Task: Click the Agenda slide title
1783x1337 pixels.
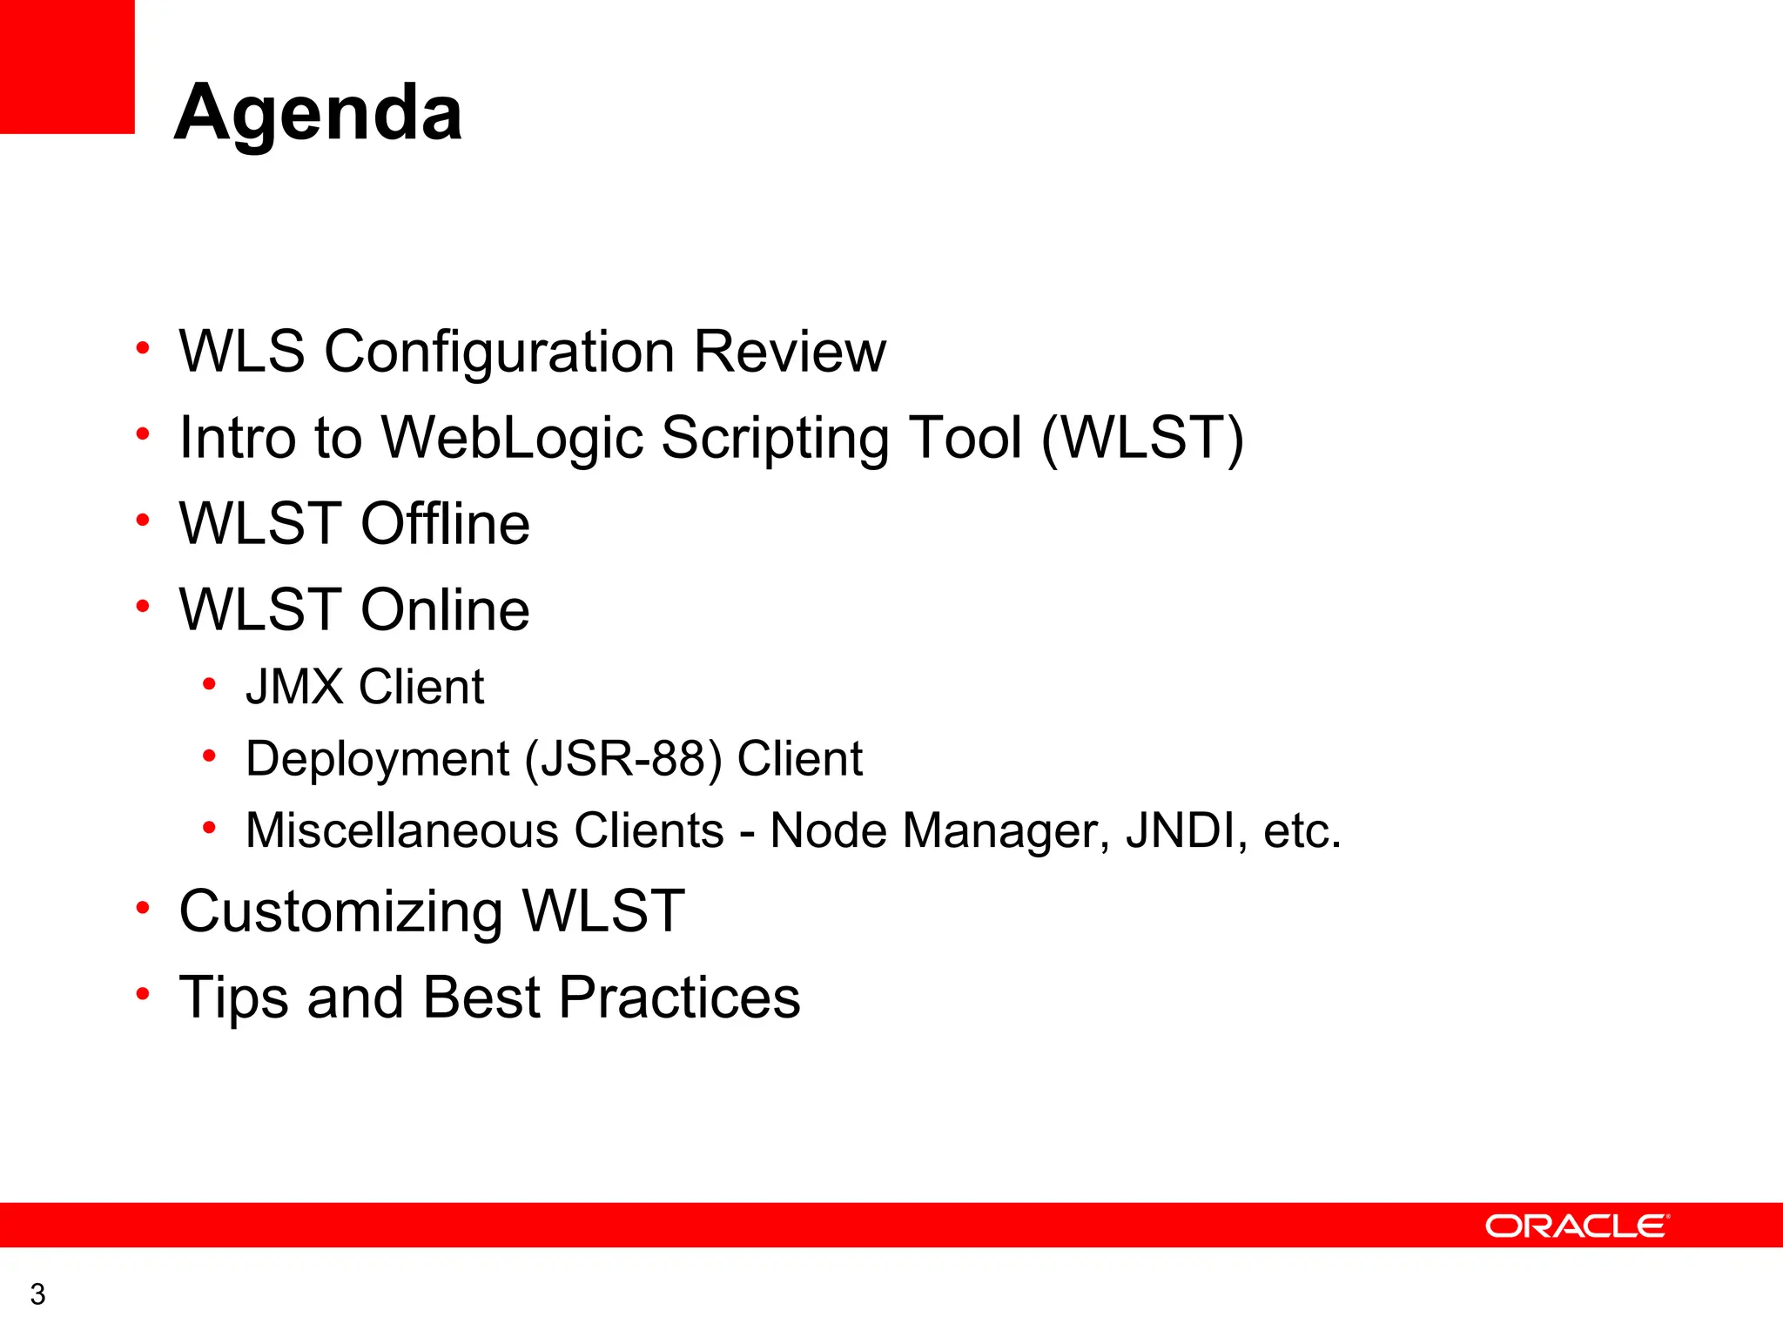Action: pos(319,113)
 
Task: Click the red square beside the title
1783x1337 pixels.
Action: pos(67,66)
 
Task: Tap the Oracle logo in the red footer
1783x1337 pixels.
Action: pos(1577,1226)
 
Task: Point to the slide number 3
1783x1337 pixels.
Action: pos(37,1294)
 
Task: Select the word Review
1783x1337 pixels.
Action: pos(790,353)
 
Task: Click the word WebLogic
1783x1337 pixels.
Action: pos(512,438)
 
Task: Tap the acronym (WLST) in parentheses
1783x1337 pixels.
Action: pos(1142,438)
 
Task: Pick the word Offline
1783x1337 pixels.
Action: pos(445,524)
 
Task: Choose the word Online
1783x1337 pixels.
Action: pos(445,610)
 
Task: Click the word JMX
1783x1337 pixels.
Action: pos(294,687)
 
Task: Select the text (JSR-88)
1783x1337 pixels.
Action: pos(623,759)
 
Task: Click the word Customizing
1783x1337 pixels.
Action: pos(340,912)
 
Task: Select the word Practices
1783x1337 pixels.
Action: pos(679,998)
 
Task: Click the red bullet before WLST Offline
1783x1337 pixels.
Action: pos(143,521)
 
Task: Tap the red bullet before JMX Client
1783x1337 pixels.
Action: pos(209,684)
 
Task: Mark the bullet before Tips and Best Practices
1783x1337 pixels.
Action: pos(143,994)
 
